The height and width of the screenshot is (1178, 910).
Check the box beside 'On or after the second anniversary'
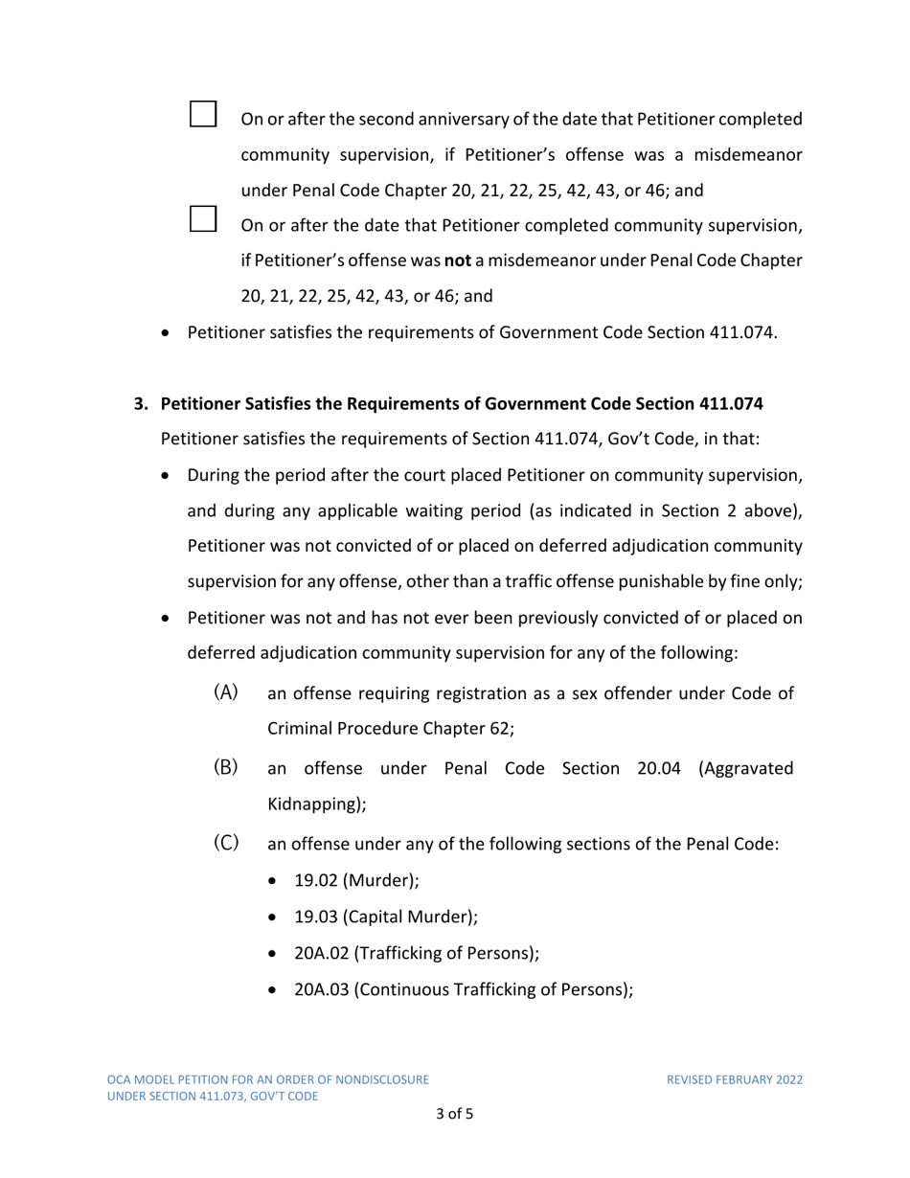click(x=203, y=113)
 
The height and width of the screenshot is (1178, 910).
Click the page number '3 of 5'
click(x=455, y=1114)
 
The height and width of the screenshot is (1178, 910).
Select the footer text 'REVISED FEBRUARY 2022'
click(x=735, y=1079)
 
